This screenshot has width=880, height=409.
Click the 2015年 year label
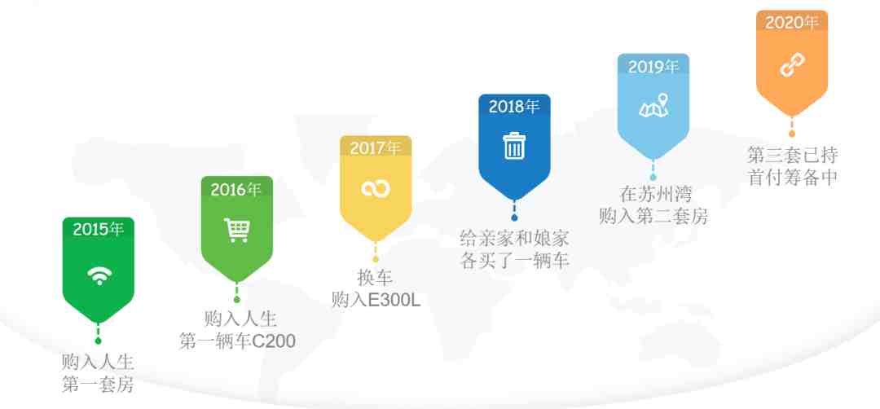99,229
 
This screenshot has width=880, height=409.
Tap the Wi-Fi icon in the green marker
99,275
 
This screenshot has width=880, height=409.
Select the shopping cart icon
237,230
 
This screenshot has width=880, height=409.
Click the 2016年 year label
236,190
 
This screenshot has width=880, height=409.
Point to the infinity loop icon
376,188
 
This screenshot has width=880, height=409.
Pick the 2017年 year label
376,148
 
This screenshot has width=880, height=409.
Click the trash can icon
514,145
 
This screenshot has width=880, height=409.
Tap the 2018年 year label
514,107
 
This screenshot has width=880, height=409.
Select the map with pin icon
654,105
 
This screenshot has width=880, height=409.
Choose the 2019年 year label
653,67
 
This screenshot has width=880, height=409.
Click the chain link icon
792,66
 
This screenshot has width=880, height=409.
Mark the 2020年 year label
791,23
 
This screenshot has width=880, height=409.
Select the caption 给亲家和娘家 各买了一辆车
514,249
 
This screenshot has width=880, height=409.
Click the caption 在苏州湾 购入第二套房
653,204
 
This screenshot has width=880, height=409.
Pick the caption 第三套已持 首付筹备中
793,166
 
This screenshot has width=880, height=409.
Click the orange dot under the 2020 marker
792,134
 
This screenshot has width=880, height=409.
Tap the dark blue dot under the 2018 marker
514,218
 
